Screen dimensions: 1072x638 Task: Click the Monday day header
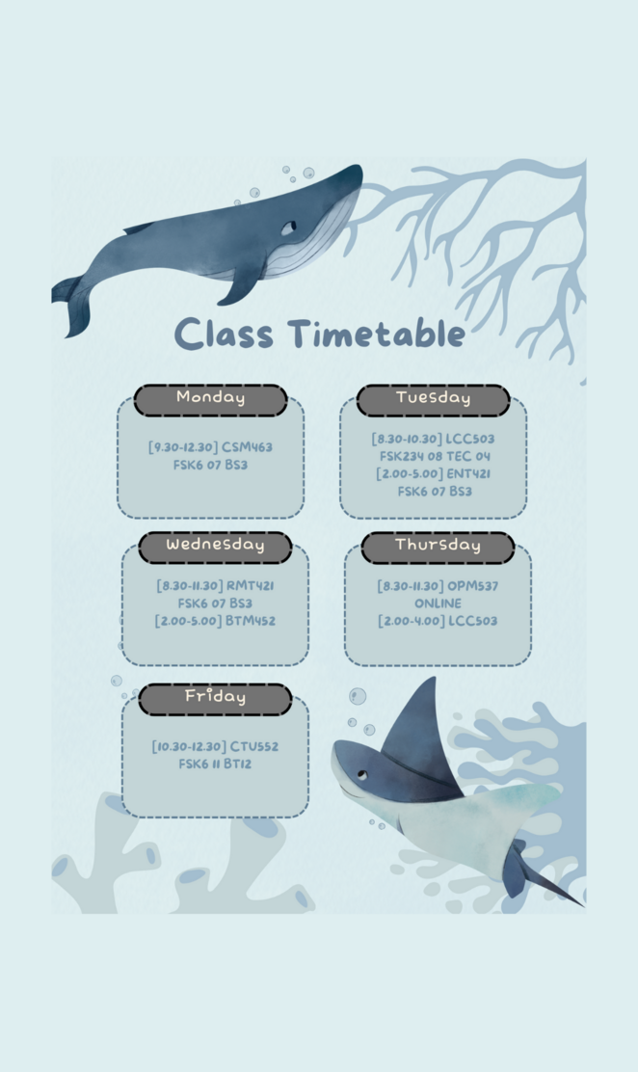(x=210, y=398)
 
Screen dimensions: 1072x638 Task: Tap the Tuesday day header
(x=433, y=398)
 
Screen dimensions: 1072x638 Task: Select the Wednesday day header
(x=215, y=546)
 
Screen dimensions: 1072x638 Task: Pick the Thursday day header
(x=438, y=546)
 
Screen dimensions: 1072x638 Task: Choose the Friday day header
(x=215, y=697)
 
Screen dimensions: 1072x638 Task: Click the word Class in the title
(x=224, y=335)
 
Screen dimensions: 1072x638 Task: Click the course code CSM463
(x=247, y=447)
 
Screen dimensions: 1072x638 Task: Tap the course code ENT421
(x=468, y=473)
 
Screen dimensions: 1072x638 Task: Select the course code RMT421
(x=251, y=585)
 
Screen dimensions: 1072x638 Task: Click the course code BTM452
(x=250, y=621)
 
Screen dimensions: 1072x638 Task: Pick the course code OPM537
(x=472, y=585)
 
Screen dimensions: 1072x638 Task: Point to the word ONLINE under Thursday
(x=438, y=603)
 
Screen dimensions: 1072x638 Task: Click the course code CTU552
(x=254, y=746)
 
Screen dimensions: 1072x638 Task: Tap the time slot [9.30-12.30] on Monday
(x=182, y=447)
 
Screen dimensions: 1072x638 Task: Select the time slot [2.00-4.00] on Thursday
(x=411, y=621)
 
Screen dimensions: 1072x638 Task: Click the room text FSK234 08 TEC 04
(x=434, y=456)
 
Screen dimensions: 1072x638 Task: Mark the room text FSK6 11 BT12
(x=215, y=764)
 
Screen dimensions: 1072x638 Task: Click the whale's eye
(x=288, y=227)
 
